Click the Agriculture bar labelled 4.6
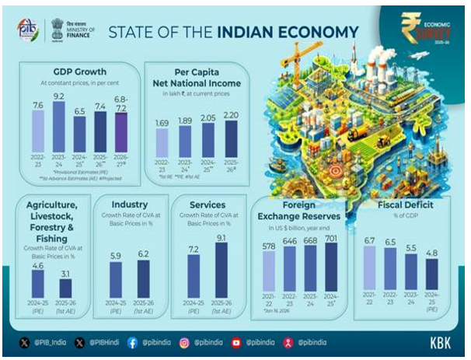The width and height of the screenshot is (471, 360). (39, 285)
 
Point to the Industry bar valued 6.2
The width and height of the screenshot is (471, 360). (143, 278)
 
